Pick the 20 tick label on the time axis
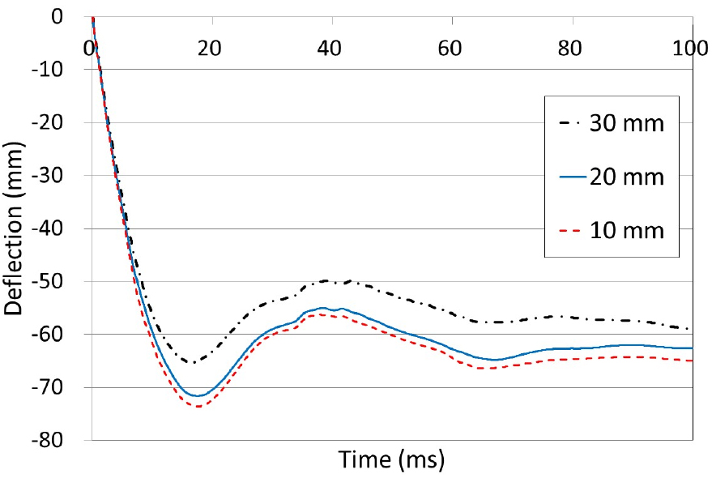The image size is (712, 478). pyautogui.click(x=211, y=48)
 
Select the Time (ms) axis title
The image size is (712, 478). pyautogui.click(x=392, y=461)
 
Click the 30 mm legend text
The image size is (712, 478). pyautogui.click(x=629, y=126)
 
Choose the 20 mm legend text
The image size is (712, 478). pyautogui.click(x=629, y=178)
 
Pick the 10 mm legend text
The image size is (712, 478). pyautogui.click(x=629, y=231)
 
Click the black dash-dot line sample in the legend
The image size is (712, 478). pyautogui.click(x=574, y=126)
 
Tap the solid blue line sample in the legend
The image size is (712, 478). pyautogui.click(x=574, y=178)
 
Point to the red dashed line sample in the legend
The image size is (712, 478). pyautogui.click(x=574, y=231)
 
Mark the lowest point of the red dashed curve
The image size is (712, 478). pyautogui.click(x=198, y=406)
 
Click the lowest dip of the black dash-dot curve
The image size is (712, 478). pyautogui.click(x=191, y=362)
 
